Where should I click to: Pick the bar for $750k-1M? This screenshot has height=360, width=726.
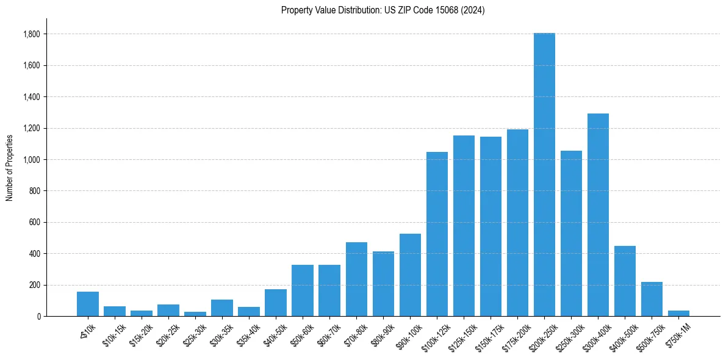[678, 313]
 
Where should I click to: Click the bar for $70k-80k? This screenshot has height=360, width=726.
[356, 279]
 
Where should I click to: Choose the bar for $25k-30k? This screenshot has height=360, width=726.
[195, 314]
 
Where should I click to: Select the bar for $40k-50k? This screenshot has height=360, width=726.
[276, 303]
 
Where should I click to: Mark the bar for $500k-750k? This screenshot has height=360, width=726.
[652, 299]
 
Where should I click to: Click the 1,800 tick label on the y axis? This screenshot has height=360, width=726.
[32, 34]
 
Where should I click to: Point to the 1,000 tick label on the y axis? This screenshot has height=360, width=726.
[32, 160]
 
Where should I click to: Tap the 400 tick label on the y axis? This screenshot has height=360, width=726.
[35, 254]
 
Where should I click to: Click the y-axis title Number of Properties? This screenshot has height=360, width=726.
[10, 168]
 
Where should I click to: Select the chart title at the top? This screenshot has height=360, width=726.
[383, 10]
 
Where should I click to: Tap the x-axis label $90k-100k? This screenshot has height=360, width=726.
[408, 333]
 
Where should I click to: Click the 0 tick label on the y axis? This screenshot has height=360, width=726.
[39, 317]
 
